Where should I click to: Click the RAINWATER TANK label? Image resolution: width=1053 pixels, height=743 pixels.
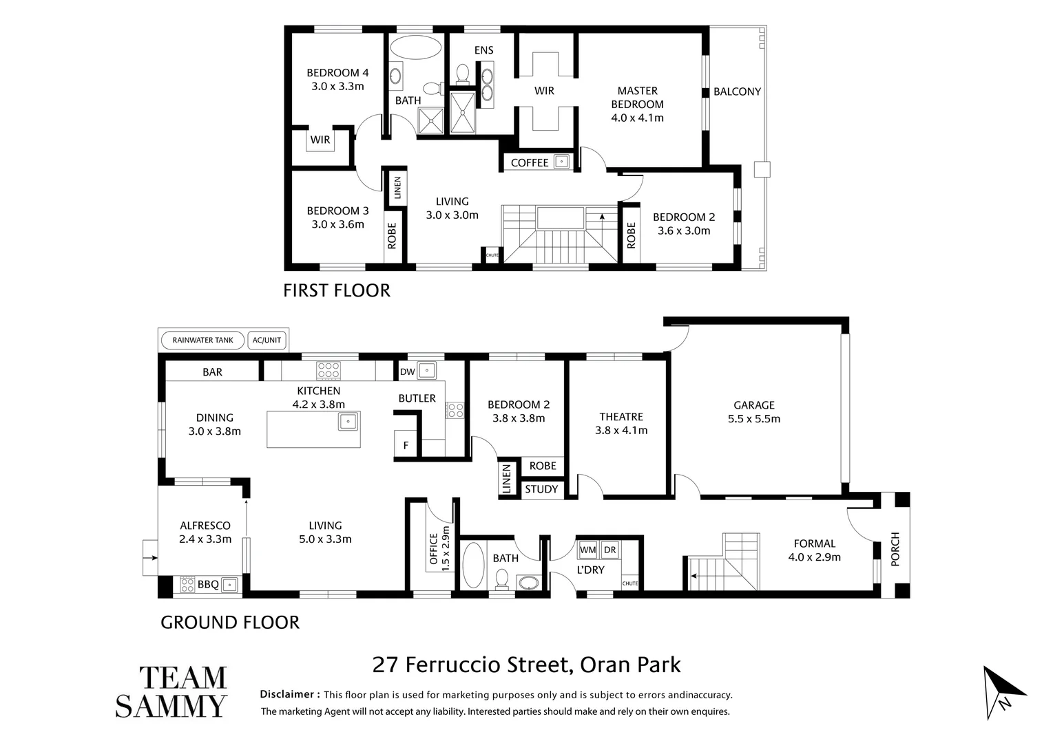pos(202,340)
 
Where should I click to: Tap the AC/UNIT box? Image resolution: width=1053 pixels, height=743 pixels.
pos(267,340)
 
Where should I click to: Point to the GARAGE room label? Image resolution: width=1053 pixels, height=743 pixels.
pos(753,411)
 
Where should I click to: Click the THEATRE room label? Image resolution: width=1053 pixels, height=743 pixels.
pos(621,423)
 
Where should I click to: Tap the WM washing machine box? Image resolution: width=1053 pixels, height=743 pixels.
pos(587,550)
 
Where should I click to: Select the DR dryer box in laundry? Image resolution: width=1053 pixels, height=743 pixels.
pos(609,550)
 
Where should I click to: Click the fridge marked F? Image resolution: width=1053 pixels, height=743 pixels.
pos(406,445)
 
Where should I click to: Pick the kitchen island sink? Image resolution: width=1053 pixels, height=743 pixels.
pos(348,421)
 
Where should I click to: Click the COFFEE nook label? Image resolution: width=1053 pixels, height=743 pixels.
pos(530,162)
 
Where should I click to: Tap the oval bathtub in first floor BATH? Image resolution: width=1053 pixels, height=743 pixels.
pos(415,49)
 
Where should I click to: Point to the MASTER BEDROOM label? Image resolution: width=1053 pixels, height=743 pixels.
pos(637,104)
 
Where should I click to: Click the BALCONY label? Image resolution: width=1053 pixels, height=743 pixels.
pos(737,91)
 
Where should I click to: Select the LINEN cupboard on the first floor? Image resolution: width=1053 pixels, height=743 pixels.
pos(397,188)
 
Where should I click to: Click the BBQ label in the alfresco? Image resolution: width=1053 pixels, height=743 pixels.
pos(208,585)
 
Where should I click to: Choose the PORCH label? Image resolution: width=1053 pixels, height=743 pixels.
pos(895,549)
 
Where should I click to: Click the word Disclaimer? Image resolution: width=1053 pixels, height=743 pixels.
pos(289,695)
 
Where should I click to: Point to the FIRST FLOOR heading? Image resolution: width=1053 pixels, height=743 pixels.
pos(337,290)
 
